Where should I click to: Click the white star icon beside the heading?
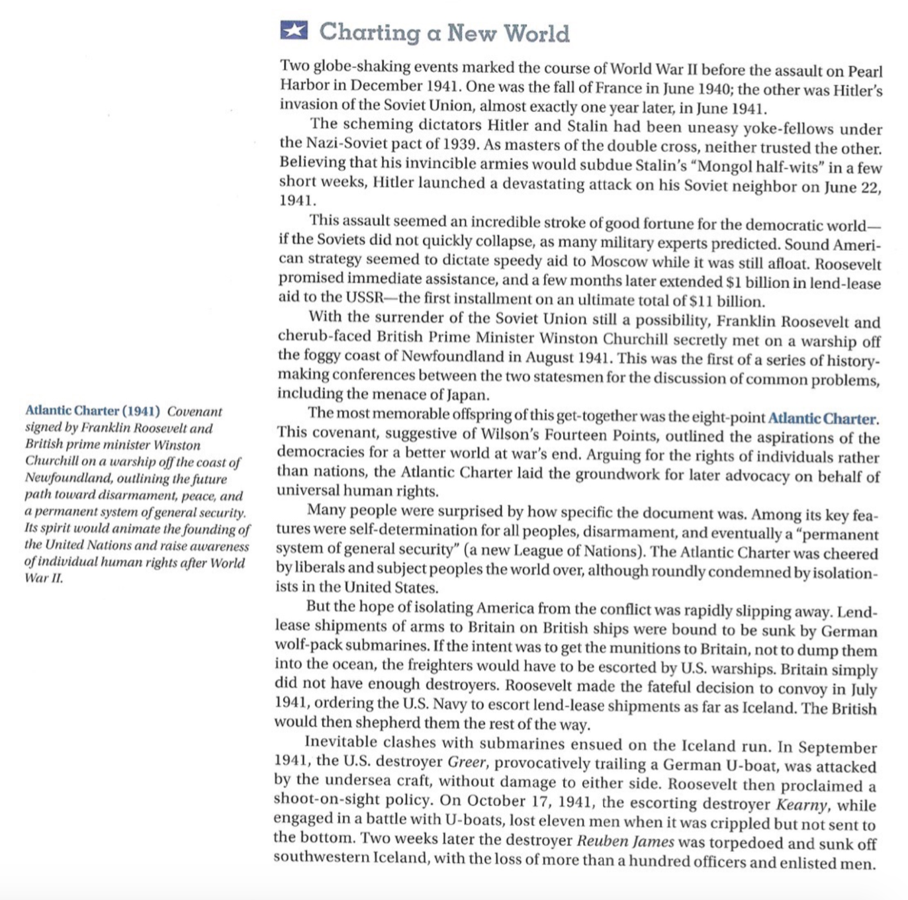tap(294, 30)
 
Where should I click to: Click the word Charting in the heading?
tap(369, 32)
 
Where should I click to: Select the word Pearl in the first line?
tap(865, 71)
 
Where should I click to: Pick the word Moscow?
tap(617, 262)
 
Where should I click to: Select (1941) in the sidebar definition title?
tap(141, 412)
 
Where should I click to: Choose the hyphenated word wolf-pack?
tap(308, 645)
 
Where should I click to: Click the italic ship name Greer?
tap(467, 762)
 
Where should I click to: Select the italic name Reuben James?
tap(625, 842)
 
